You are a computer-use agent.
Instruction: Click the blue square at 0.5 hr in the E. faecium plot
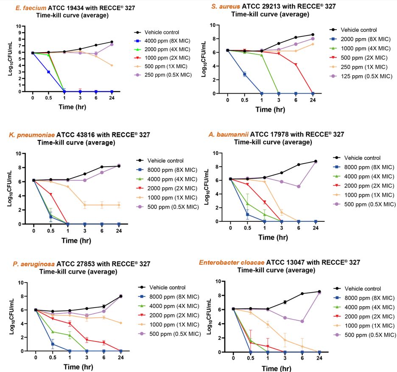pos(48,72)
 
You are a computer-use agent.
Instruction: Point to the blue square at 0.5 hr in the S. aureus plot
pos(244,74)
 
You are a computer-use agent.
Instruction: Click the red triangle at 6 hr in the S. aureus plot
pos(296,64)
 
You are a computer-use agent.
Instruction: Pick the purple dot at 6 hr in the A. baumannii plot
pos(299,186)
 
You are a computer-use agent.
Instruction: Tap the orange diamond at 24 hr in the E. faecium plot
pos(112,65)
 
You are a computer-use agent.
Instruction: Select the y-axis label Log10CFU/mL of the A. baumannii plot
pos(215,187)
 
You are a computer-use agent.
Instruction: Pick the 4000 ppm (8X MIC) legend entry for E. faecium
pos(166,41)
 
